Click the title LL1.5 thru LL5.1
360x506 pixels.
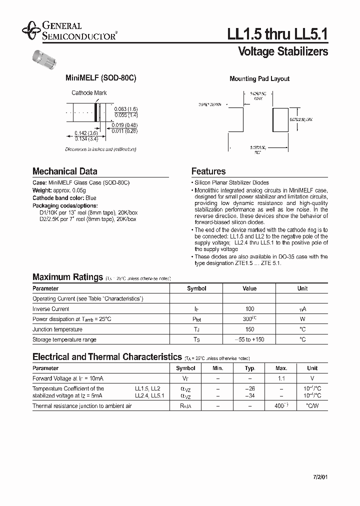pos(277,33)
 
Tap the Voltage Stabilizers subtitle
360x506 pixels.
pos(283,51)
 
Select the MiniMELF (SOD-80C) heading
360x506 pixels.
pos(101,78)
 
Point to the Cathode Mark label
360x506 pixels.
pos(89,93)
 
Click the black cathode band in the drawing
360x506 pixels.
pos(98,110)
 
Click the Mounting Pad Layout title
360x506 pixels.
pos(259,79)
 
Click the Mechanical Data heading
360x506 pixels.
pos(65,171)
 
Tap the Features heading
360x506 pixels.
pos(208,171)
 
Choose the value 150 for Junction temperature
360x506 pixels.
pos(249,329)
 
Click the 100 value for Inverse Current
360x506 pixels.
pos(249,309)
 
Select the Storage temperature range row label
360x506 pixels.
pos(64,339)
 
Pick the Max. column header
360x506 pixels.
pos(281,368)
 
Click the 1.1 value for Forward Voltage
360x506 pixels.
pos(281,378)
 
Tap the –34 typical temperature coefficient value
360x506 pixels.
pos(249,395)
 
